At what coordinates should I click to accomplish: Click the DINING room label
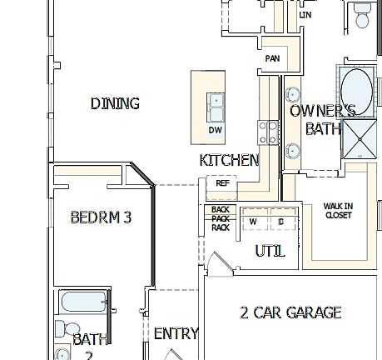click(115, 103)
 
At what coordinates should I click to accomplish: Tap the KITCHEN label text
click(230, 160)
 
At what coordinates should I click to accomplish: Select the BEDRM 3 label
click(101, 217)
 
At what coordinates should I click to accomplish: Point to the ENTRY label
click(176, 333)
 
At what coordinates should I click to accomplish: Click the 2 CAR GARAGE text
click(290, 312)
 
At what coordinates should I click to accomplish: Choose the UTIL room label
click(270, 250)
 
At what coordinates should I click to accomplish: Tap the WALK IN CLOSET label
click(338, 210)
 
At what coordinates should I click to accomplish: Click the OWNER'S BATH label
click(323, 119)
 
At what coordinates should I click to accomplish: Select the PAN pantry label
click(272, 59)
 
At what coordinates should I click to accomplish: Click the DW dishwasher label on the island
click(216, 131)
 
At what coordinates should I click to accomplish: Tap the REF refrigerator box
click(222, 182)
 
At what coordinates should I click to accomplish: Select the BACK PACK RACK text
click(220, 218)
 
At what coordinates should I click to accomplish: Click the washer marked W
click(253, 222)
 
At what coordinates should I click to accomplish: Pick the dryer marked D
click(281, 222)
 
